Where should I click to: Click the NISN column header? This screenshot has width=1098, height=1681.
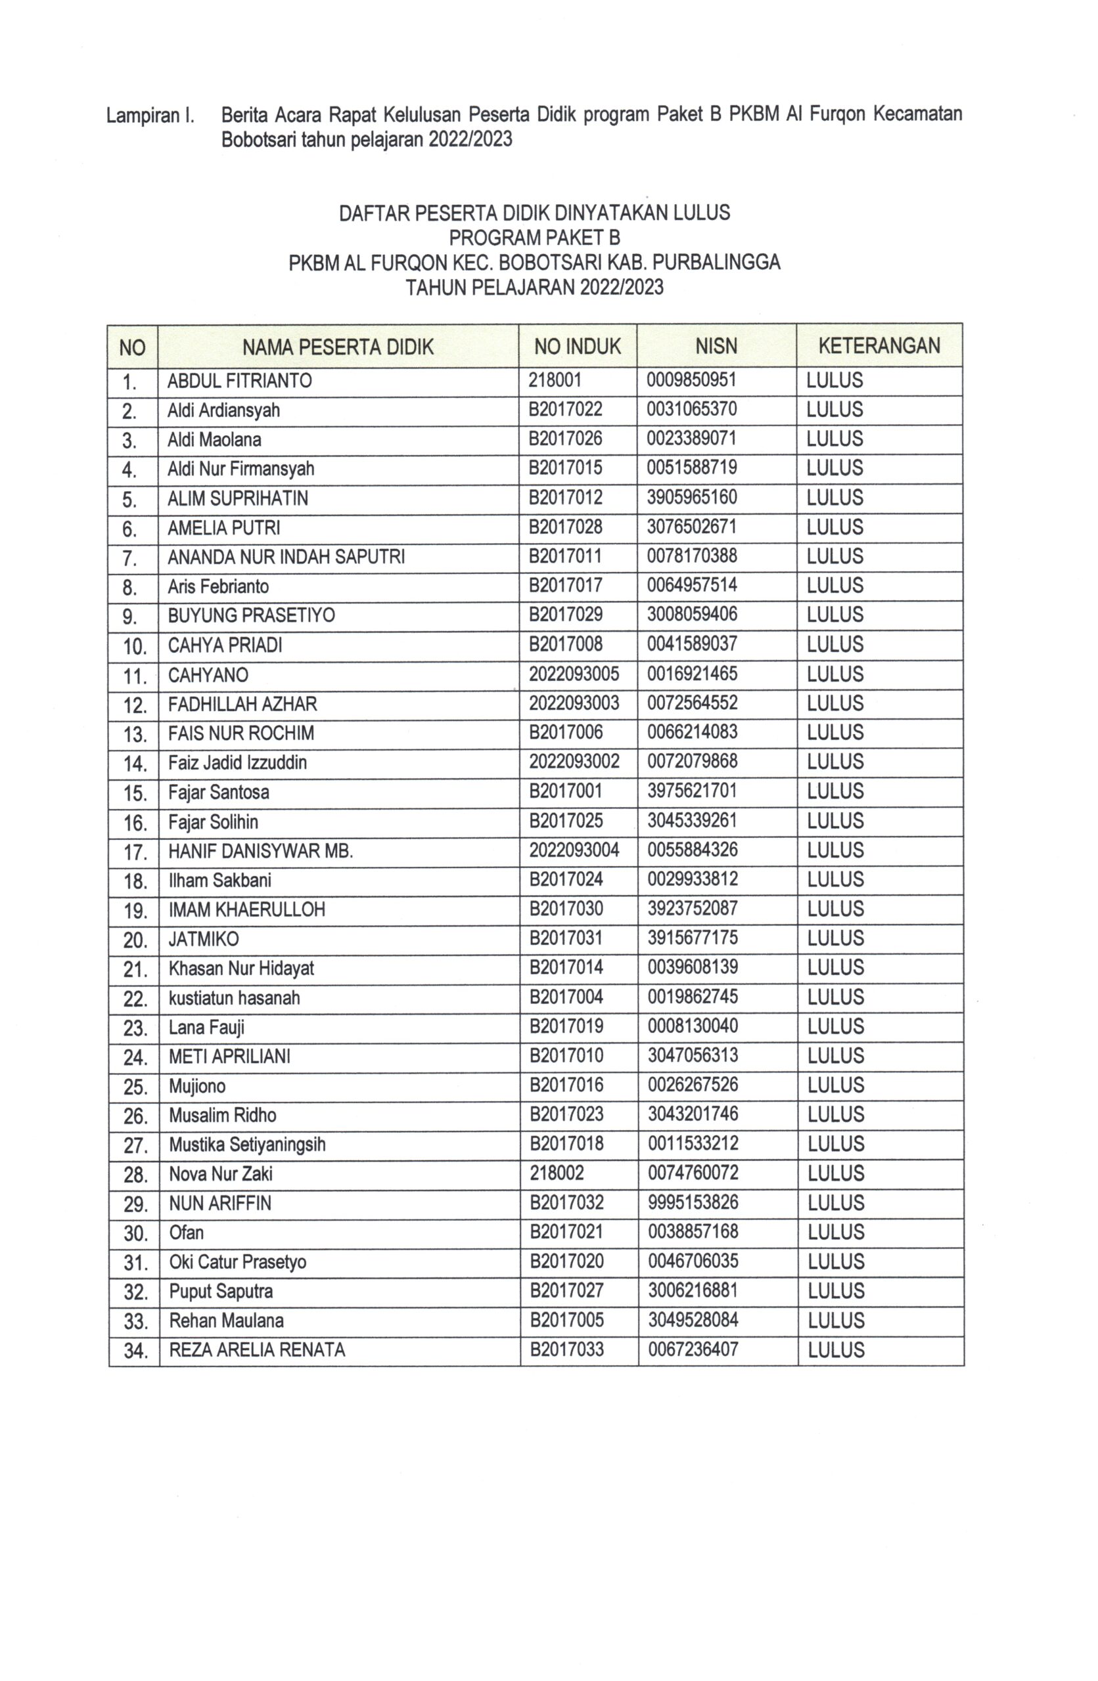[x=716, y=346]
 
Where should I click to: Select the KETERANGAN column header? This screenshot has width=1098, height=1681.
[x=879, y=346]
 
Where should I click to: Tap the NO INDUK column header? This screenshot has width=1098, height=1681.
[x=576, y=346]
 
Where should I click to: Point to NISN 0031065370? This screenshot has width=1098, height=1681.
[x=691, y=410]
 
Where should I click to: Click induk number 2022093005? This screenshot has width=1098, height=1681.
[x=573, y=674]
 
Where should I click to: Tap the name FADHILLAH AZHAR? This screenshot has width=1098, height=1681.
[x=242, y=703]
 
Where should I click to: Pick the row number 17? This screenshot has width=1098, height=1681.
[x=134, y=852]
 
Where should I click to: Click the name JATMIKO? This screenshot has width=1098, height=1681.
[x=203, y=939]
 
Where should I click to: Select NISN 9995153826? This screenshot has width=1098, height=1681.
[x=693, y=1202]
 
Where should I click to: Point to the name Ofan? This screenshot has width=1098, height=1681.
[x=186, y=1233]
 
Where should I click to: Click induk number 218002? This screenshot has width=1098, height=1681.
[x=556, y=1173]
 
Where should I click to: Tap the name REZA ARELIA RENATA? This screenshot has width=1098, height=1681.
[x=256, y=1350]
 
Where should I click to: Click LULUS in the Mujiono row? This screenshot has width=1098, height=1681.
[x=835, y=1085]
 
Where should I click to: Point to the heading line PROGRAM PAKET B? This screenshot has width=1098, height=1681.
[x=534, y=237]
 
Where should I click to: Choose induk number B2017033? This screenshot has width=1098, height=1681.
[x=566, y=1350]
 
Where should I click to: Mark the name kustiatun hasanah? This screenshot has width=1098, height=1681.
[x=233, y=998]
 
